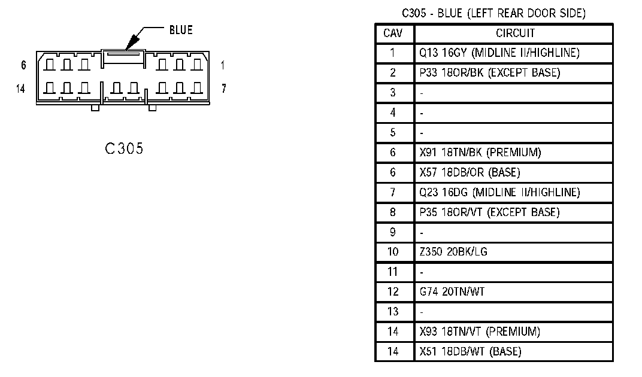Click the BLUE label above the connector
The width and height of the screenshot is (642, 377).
tap(181, 30)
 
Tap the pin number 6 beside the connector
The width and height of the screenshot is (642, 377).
tap(23, 65)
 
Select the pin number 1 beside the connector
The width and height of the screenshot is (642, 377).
tap(222, 65)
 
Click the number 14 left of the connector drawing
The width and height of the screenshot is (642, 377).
tap(21, 89)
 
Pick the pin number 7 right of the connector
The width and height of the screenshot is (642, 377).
tap(223, 89)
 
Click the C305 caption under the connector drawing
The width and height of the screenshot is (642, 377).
tap(124, 149)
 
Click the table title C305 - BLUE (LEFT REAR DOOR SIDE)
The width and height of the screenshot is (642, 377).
tap(493, 13)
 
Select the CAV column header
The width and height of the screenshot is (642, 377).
tap(393, 33)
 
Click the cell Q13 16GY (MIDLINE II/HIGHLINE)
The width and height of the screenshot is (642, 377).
tap(499, 53)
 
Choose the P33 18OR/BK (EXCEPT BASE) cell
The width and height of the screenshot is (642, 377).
tap(489, 73)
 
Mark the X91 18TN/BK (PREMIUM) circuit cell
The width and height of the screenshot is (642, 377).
tap(480, 153)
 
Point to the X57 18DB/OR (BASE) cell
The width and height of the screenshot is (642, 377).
tap(470, 172)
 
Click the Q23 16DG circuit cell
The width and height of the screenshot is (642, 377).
tap(499, 192)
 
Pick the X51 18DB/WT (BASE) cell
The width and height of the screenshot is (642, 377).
tap(470, 351)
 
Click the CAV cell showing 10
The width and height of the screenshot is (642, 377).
tap(393, 251)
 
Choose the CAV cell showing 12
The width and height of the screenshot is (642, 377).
tap(393, 291)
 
